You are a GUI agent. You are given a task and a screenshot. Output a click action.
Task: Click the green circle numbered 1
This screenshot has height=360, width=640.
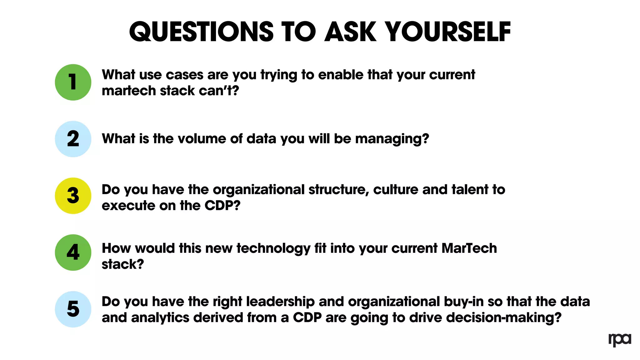point(73,82)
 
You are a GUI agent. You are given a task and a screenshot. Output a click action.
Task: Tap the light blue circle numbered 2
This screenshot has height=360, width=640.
point(73,139)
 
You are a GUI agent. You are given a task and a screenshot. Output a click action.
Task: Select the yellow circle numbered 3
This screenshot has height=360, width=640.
point(73,196)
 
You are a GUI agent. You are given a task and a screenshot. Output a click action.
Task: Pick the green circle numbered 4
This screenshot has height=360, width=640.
point(73,252)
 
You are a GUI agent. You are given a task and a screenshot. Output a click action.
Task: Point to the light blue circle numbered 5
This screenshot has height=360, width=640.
point(73,309)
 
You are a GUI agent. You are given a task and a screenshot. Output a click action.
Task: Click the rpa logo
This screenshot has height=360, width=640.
point(620,339)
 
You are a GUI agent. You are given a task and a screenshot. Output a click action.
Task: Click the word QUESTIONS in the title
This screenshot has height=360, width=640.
point(201,32)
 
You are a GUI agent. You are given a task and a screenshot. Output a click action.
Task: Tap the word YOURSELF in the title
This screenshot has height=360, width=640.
point(447,32)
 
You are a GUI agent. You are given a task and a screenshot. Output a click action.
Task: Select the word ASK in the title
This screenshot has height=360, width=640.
point(350,32)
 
